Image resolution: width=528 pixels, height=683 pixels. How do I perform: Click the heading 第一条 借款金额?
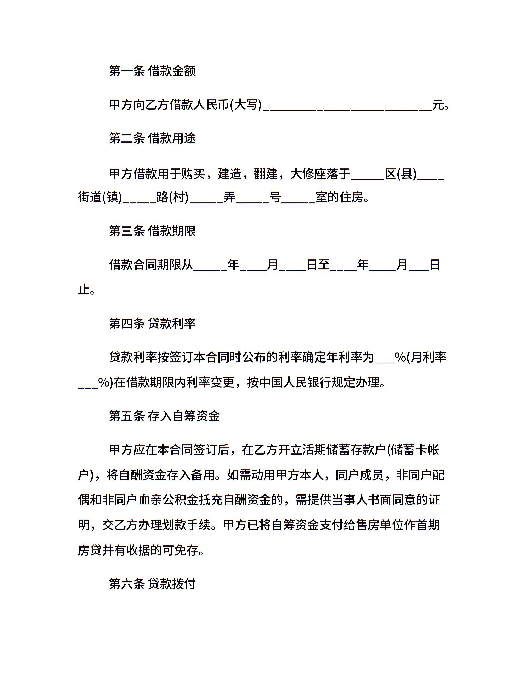[152, 71]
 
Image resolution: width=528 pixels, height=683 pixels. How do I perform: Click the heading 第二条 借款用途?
[152, 138]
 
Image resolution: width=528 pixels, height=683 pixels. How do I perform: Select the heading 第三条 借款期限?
[152, 231]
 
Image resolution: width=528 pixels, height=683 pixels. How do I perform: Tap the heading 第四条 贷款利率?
[152, 323]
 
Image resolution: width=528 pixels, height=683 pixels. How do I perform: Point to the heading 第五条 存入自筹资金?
[164, 416]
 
